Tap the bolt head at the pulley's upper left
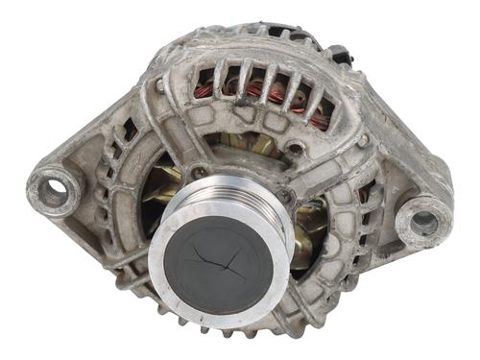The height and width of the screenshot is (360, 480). (197, 174)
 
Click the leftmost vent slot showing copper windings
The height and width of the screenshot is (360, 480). (204, 84)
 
